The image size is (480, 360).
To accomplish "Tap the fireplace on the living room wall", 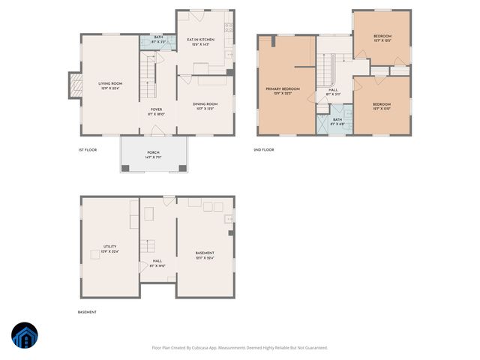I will [x=74, y=85].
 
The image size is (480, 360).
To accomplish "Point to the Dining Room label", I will [x=206, y=106].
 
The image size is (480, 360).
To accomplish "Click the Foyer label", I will [x=157, y=112].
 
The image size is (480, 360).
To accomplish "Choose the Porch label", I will [x=153, y=154].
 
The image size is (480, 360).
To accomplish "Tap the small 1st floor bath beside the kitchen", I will [x=158, y=41].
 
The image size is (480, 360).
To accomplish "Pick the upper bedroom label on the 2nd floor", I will [x=382, y=38].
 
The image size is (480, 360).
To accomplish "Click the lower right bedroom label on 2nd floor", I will [x=382, y=106].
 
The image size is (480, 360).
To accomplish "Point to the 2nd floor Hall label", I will [x=333, y=92].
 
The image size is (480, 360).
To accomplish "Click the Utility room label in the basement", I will [x=109, y=248].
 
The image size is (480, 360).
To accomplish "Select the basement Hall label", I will [x=157, y=263].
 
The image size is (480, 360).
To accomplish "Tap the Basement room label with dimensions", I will [x=205, y=255].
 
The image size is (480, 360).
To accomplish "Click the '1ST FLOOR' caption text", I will [x=87, y=150].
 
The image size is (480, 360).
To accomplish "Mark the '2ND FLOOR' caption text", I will [x=264, y=150].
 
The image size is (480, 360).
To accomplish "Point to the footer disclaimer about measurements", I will [x=239, y=347].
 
